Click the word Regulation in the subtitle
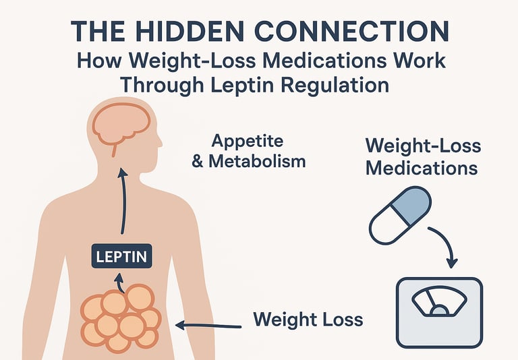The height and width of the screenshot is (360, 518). tap(341, 86)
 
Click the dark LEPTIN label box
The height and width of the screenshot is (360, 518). tap(122, 256)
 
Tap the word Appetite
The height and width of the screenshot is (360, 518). tap(248, 142)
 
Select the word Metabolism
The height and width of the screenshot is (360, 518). tap(257, 162)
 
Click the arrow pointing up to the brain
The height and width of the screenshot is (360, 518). tap(123, 202)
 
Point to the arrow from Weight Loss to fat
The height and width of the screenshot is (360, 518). tap(206, 326)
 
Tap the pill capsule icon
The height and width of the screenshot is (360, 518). tap(399, 216)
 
